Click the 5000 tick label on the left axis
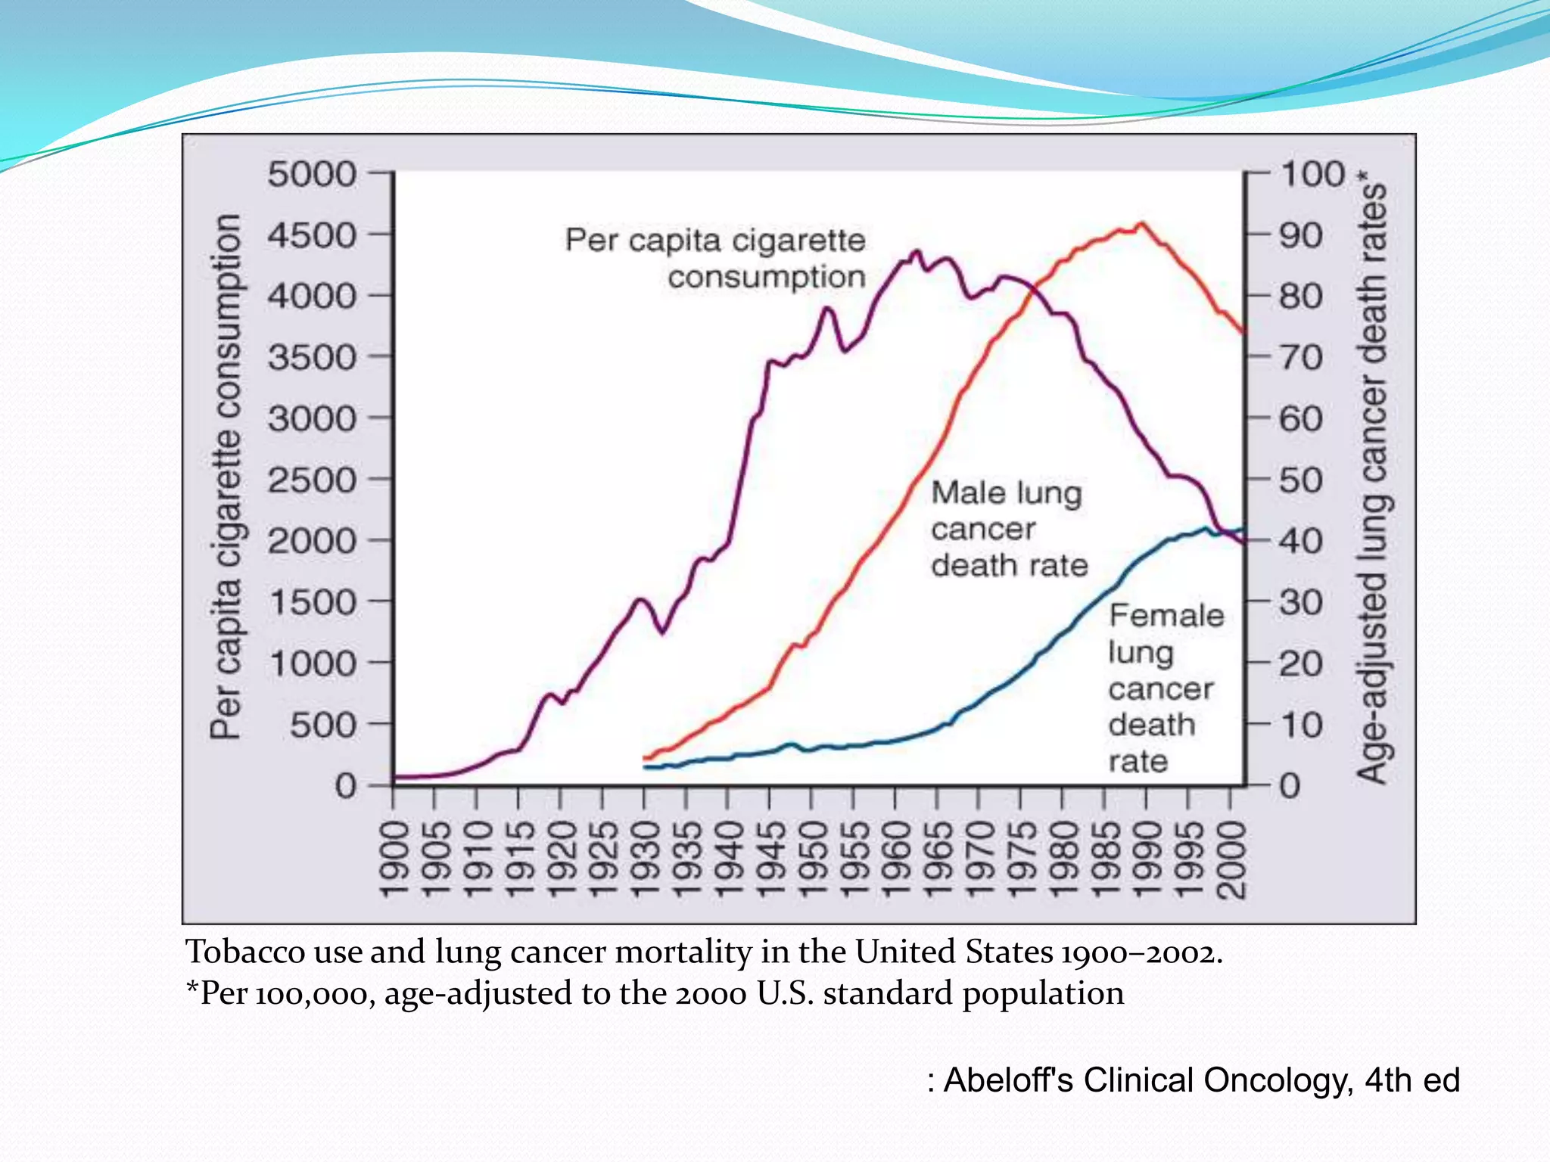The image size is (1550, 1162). [311, 174]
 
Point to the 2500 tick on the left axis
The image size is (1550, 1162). [311, 480]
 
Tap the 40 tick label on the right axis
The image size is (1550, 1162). [1300, 541]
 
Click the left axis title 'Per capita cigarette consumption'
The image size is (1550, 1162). [226, 477]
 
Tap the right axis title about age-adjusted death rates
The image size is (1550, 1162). [1371, 477]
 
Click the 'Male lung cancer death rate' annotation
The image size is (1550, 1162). [1009, 529]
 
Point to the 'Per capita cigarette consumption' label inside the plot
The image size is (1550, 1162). [716, 258]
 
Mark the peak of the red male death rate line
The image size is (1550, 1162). [1142, 223]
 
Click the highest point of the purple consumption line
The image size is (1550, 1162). [918, 251]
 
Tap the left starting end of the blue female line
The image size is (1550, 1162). [646, 767]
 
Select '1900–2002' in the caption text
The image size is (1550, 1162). [1139, 952]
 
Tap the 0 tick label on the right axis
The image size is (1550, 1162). [1290, 786]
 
